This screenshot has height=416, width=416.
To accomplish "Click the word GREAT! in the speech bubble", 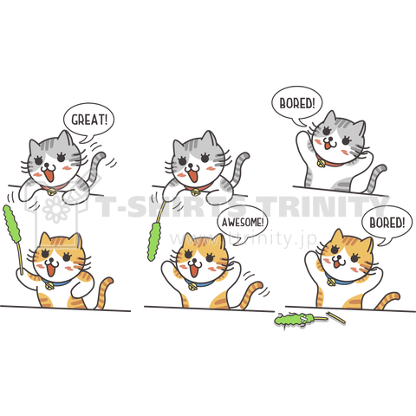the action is click(x=89, y=120).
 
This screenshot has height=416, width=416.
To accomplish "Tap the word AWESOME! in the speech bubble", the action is click(x=243, y=223).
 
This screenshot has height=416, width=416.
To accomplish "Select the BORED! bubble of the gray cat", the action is click(x=296, y=106).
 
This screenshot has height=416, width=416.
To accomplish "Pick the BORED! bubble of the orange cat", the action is click(x=387, y=224).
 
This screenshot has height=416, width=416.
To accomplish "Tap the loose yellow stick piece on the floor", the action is click(x=335, y=317).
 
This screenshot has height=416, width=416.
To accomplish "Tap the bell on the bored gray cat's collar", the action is click(x=321, y=164).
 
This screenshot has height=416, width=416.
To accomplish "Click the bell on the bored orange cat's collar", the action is click(x=330, y=282).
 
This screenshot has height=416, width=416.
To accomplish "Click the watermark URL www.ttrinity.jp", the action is click(x=244, y=238).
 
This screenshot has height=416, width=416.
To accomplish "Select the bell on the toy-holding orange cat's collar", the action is click(x=50, y=286).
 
